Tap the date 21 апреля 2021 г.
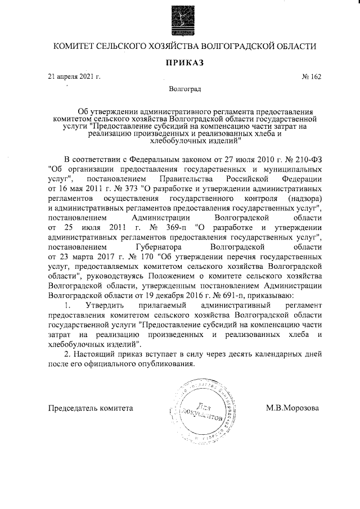pos(74,76)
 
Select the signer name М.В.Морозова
pos(292,408)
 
